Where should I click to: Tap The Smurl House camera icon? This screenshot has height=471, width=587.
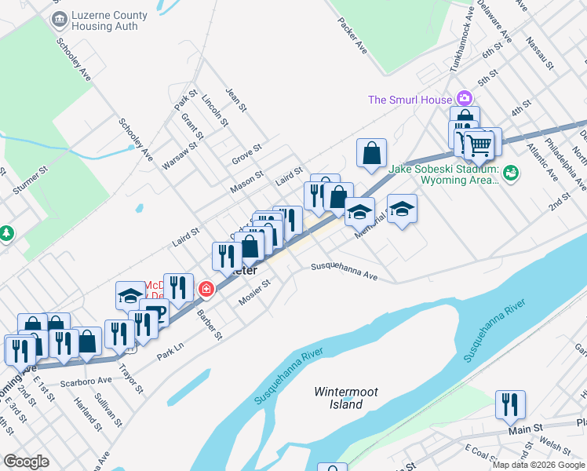[x=465, y=99]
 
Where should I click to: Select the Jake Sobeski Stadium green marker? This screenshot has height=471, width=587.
[x=511, y=171]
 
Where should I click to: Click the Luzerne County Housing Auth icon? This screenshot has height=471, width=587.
[x=57, y=20]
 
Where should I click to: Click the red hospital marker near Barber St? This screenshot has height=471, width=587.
[x=206, y=289]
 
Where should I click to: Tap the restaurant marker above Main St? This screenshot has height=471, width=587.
[x=510, y=404]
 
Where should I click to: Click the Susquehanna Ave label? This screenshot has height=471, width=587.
[x=345, y=272]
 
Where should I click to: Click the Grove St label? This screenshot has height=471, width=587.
[x=246, y=155]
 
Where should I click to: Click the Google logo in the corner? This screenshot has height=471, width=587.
[x=26, y=462]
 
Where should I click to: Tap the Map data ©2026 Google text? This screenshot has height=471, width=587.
[x=538, y=465]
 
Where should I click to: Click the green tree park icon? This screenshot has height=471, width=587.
[x=6, y=233]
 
